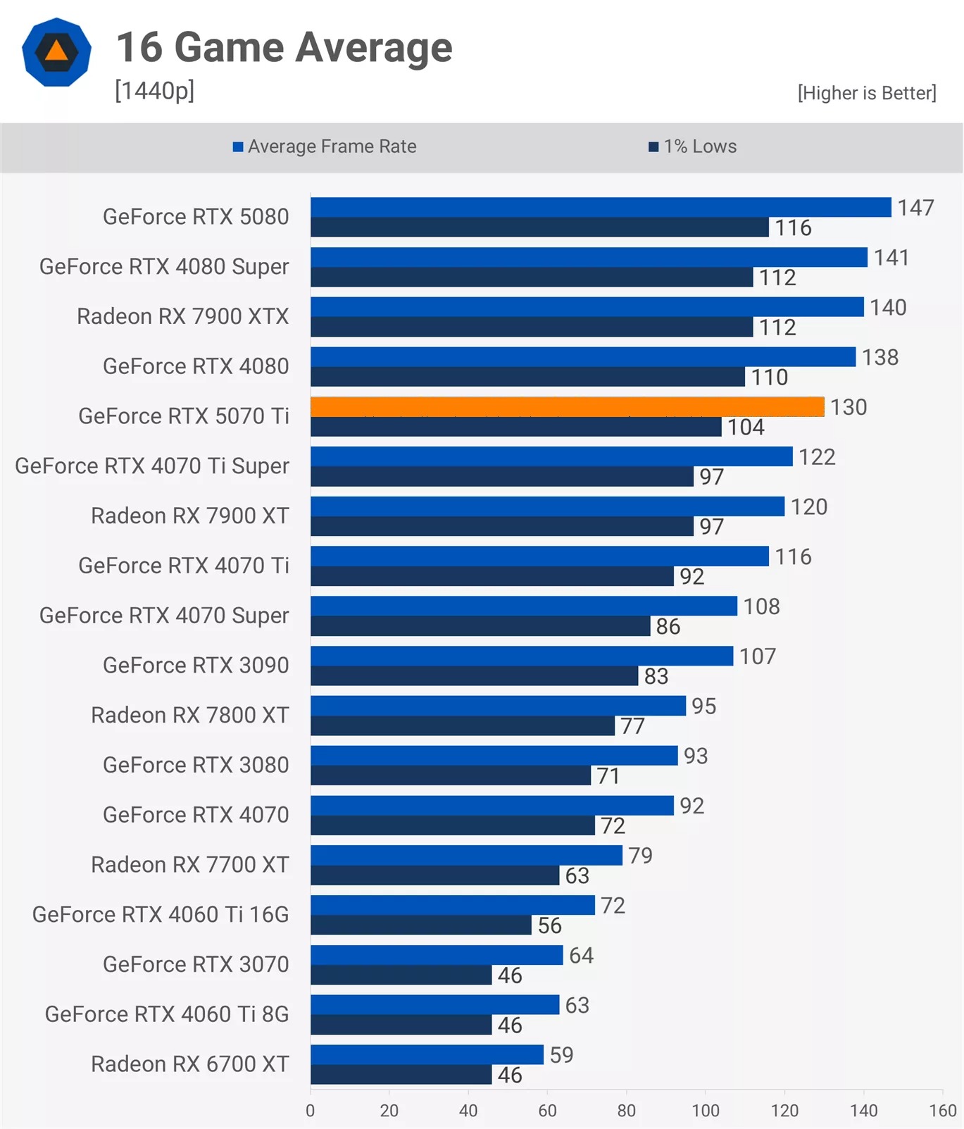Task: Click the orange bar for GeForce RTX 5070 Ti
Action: (567, 406)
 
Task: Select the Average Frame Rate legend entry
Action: (325, 146)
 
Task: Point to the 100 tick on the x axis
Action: (705, 1111)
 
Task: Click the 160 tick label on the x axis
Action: (942, 1111)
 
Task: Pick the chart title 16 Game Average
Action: (284, 47)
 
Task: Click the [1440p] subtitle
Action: (154, 91)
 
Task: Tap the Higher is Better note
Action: (866, 93)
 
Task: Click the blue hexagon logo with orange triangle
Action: (56, 52)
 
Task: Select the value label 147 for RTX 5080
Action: (915, 208)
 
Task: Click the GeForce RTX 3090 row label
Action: (196, 665)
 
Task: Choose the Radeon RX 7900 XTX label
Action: (182, 316)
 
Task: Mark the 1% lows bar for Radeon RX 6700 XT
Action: (401, 1075)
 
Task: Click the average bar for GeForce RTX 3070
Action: (437, 955)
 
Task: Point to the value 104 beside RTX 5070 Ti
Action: (746, 427)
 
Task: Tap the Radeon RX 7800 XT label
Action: (189, 715)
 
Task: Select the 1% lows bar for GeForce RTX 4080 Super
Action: (532, 277)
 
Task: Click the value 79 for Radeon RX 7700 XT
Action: (640, 855)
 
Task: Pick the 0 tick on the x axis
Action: (310, 1111)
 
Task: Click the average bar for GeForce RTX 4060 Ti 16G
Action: (453, 905)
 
